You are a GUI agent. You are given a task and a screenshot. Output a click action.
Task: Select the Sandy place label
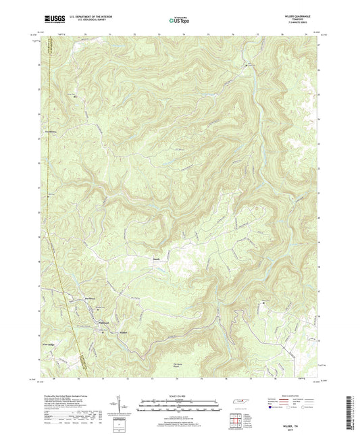coord(156,257)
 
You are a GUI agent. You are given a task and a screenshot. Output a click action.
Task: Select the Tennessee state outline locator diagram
coord(238,403)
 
